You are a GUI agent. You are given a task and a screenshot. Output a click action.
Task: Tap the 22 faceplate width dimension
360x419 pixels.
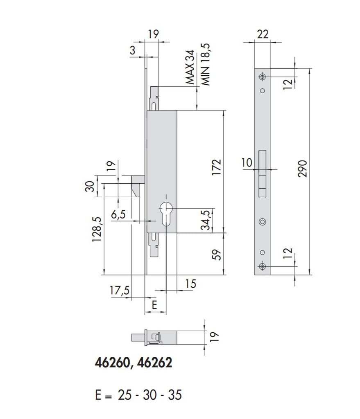(x=262, y=34)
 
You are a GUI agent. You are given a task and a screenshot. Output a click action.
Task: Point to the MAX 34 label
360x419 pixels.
(x=190, y=68)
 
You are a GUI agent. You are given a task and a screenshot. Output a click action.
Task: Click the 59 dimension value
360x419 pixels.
(x=217, y=255)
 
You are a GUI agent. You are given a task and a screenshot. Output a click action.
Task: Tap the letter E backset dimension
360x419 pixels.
(x=154, y=305)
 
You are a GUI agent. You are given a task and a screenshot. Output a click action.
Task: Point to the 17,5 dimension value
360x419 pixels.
(x=120, y=291)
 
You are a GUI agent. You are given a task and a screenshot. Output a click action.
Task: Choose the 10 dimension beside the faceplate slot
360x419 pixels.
(x=247, y=163)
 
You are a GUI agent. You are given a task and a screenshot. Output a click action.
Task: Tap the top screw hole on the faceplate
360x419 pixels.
(x=262, y=77)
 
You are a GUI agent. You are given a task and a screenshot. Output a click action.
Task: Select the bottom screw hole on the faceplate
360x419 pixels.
(x=262, y=267)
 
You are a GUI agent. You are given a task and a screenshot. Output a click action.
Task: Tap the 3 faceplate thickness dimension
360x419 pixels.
(x=132, y=50)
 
